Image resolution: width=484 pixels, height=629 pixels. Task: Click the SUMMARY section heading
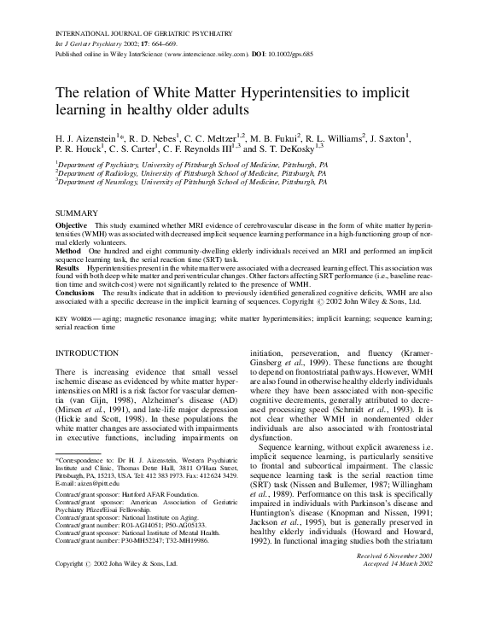point(75,211)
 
